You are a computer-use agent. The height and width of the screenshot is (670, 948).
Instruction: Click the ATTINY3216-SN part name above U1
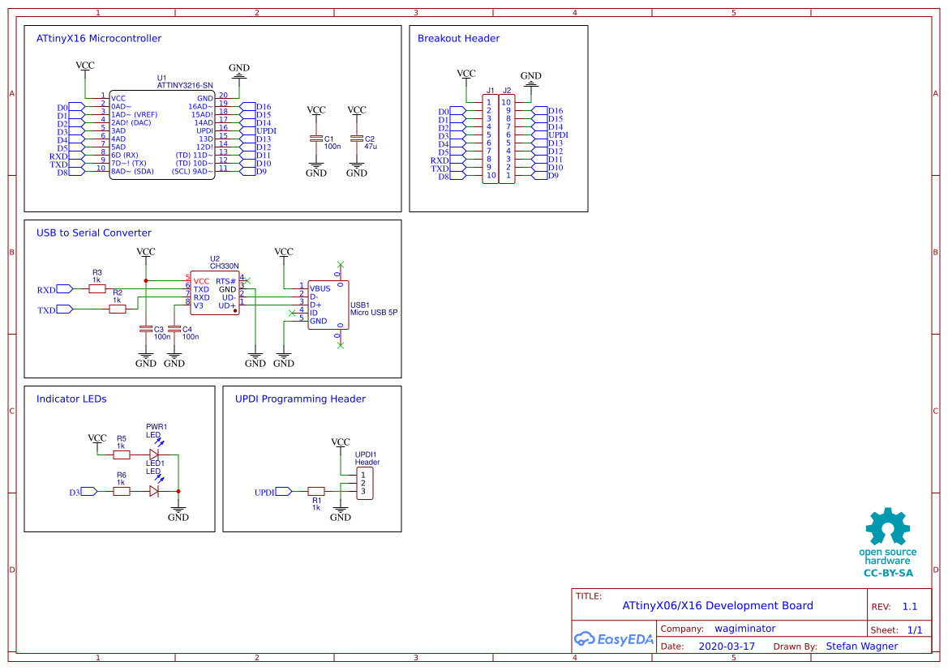[185, 85]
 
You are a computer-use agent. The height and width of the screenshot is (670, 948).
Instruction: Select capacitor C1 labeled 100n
[316, 139]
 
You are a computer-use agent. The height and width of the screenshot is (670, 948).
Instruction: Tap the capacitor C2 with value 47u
[357, 139]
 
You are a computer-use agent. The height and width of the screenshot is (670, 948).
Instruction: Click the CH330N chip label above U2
[224, 266]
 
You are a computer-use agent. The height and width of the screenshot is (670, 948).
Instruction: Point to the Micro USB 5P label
[374, 312]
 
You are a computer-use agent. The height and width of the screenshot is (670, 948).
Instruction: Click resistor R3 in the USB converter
[97, 288]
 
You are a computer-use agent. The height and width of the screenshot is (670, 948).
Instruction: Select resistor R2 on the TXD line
[118, 309]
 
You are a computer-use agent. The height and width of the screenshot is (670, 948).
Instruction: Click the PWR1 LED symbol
[154, 454]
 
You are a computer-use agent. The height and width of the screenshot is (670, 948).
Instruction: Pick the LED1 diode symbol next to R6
[154, 491]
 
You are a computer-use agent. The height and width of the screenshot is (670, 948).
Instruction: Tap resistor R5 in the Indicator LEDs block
[122, 454]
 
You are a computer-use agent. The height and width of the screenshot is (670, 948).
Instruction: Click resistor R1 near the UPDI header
[316, 491]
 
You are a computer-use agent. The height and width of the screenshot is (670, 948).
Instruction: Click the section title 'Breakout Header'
[458, 38]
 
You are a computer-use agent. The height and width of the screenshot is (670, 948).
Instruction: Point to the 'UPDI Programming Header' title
[300, 399]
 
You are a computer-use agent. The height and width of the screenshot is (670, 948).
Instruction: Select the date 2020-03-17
[726, 647]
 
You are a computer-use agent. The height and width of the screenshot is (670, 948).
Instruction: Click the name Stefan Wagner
[861, 647]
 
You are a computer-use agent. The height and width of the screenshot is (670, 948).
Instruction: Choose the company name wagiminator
[744, 629]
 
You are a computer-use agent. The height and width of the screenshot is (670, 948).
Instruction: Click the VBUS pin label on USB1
[320, 288]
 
